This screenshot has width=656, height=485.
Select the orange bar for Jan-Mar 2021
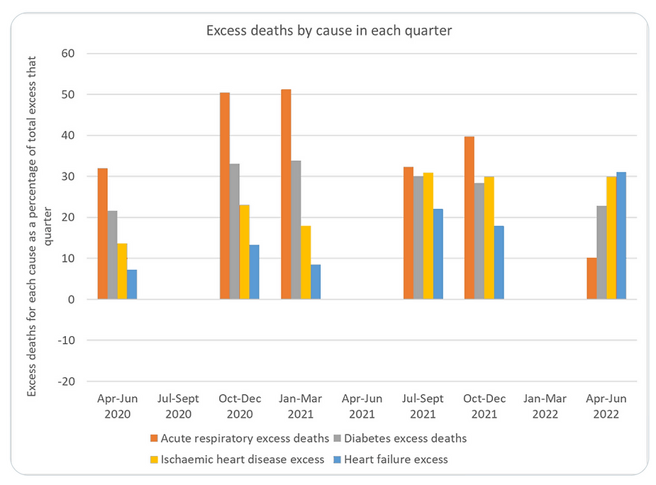pyautogui.click(x=286, y=194)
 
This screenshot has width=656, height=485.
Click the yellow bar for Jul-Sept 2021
pyautogui.click(x=428, y=235)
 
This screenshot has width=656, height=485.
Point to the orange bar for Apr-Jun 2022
pyautogui.click(x=591, y=279)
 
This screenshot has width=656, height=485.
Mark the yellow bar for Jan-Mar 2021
pyautogui.click(x=306, y=262)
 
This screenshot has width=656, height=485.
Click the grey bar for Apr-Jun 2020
pyautogui.click(x=112, y=255)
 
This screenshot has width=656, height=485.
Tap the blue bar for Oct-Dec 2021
pyautogui.click(x=499, y=262)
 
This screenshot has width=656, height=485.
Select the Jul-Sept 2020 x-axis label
pyautogui.click(x=179, y=406)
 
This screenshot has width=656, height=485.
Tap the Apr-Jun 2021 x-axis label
pyautogui.click(x=362, y=406)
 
